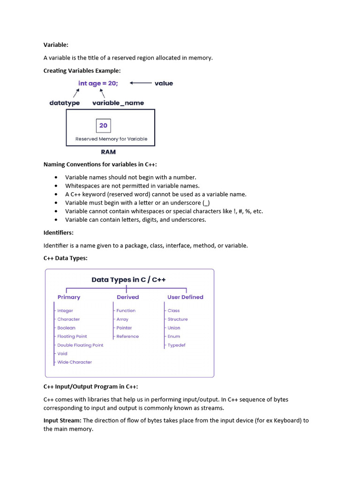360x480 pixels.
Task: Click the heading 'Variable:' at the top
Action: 56,45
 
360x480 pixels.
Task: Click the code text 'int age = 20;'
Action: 98,83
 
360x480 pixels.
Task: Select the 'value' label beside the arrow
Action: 164,83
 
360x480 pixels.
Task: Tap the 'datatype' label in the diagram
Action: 64,103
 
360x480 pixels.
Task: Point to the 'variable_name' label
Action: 118,103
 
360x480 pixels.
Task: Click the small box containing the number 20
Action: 103,126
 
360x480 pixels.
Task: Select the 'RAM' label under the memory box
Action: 108,152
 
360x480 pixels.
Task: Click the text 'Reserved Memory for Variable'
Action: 111,139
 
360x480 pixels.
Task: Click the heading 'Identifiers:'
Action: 59,232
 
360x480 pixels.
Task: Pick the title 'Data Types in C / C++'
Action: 128,280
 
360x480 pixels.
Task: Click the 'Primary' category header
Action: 69,297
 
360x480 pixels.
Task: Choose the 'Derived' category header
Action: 127,297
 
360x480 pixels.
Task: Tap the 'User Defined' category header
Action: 185,297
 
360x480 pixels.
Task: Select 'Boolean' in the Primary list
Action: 66,328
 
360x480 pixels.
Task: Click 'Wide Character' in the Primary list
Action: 75,362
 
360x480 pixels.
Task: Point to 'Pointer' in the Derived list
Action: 124,328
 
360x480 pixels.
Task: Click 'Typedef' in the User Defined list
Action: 176,345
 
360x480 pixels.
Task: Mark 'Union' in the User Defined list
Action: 173,328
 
